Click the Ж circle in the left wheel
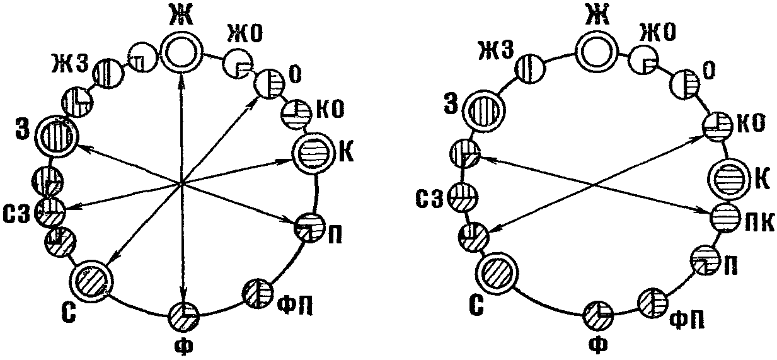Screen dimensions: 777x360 coord(182,54)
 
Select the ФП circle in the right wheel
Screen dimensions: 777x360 coord(652,301)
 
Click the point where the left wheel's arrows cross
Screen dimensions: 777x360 coord(181,183)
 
